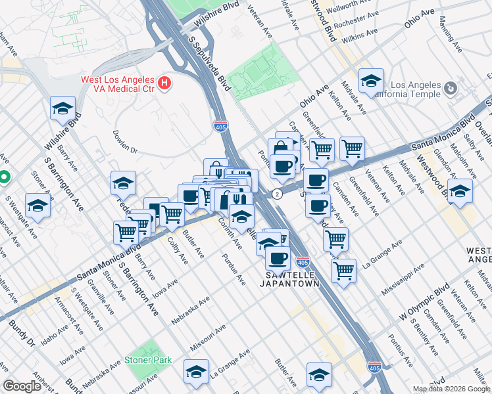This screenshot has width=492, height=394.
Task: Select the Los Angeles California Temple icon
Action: (451, 88)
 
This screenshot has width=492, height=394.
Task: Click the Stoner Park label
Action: (148, 360)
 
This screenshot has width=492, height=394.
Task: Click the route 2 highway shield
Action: (278, 194)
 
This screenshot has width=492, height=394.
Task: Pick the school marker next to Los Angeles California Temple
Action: (372, 81)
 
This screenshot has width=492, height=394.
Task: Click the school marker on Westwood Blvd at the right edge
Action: (460, 191)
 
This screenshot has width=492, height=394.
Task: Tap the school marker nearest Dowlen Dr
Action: (123, 183)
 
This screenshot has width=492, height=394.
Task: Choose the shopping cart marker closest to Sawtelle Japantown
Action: (343, 269)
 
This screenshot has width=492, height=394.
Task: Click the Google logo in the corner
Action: (22, 386)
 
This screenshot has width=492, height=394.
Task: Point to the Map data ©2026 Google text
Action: (451, 389)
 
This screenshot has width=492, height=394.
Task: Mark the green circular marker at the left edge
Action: (3, 177)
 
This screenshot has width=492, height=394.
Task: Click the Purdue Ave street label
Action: (234, 270)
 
